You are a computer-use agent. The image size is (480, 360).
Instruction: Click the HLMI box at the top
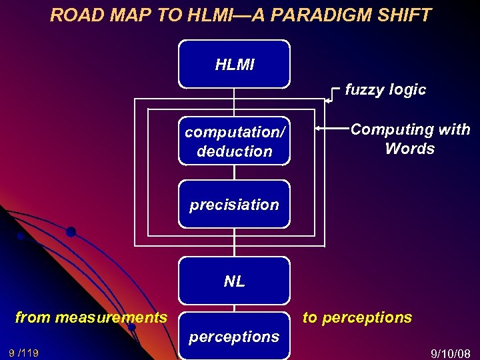[234, 64]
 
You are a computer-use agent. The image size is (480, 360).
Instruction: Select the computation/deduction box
[234, 141]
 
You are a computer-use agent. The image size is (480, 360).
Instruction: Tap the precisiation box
[234, 204]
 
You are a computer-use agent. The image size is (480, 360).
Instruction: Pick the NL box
[234, 281]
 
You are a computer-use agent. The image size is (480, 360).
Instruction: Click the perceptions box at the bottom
[234, 336]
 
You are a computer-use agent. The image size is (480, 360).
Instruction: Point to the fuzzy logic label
[385, 90]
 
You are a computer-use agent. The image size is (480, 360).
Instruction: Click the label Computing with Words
[410, 139]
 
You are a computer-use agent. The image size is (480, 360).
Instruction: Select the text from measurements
[91, 317]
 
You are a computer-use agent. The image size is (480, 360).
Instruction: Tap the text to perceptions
[357, 317]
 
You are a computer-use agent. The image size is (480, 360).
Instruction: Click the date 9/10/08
[451, 353]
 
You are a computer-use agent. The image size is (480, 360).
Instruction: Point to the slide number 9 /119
[23, 353]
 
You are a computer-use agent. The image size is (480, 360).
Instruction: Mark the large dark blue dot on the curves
[71, 232]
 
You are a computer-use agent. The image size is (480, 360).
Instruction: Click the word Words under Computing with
[409, 148]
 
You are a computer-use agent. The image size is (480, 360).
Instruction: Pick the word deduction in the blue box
[235, 151]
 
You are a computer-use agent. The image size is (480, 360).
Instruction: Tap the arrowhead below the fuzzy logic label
[327, 101]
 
